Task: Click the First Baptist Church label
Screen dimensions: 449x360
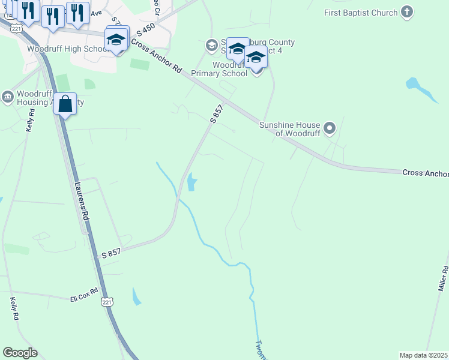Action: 361,13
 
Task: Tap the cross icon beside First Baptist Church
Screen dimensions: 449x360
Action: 408,13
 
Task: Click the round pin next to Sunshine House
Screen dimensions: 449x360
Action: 329,128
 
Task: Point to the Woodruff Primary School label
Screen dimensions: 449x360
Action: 219,69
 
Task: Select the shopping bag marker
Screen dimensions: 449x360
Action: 65,104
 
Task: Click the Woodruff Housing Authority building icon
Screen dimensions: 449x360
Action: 7,97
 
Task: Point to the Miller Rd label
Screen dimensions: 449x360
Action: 445,280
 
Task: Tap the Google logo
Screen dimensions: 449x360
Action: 20,353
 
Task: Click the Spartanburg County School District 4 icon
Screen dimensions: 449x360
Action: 211,45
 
